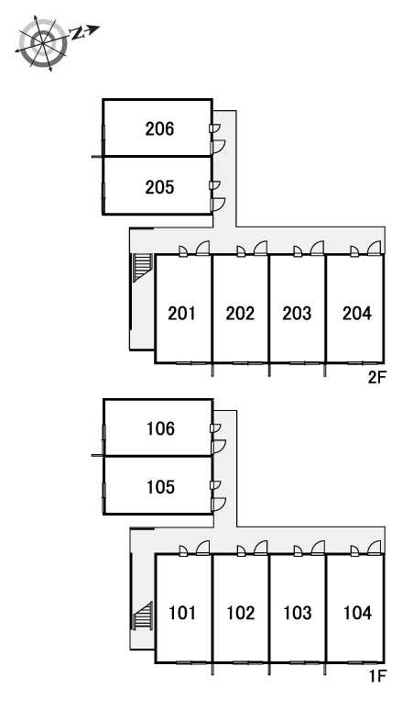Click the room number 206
point(159,129)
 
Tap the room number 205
point(159,187)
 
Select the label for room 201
point(181,314)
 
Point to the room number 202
point(240,314)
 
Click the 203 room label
point(297,314)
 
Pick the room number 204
point(357,314)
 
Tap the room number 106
point(160,428)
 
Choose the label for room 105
point(160,487)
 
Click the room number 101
point(182,613)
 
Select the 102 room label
point(241,613)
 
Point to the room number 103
point(298,613)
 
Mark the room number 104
point(357,613)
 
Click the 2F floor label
point(377,377)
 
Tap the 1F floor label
point(378,676)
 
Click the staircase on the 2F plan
point(142,268)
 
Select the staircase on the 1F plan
point(143,616)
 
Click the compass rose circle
point(42,43)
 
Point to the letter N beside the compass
point(78,34)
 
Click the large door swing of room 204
point(375,248)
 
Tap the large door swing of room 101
point(203,548)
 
